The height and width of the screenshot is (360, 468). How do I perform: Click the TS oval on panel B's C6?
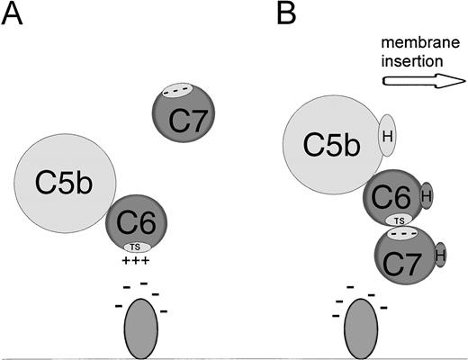pos(399,220)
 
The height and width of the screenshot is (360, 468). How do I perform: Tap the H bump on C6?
pos(427,194)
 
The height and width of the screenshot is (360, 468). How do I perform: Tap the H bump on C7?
pos(439,256)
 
